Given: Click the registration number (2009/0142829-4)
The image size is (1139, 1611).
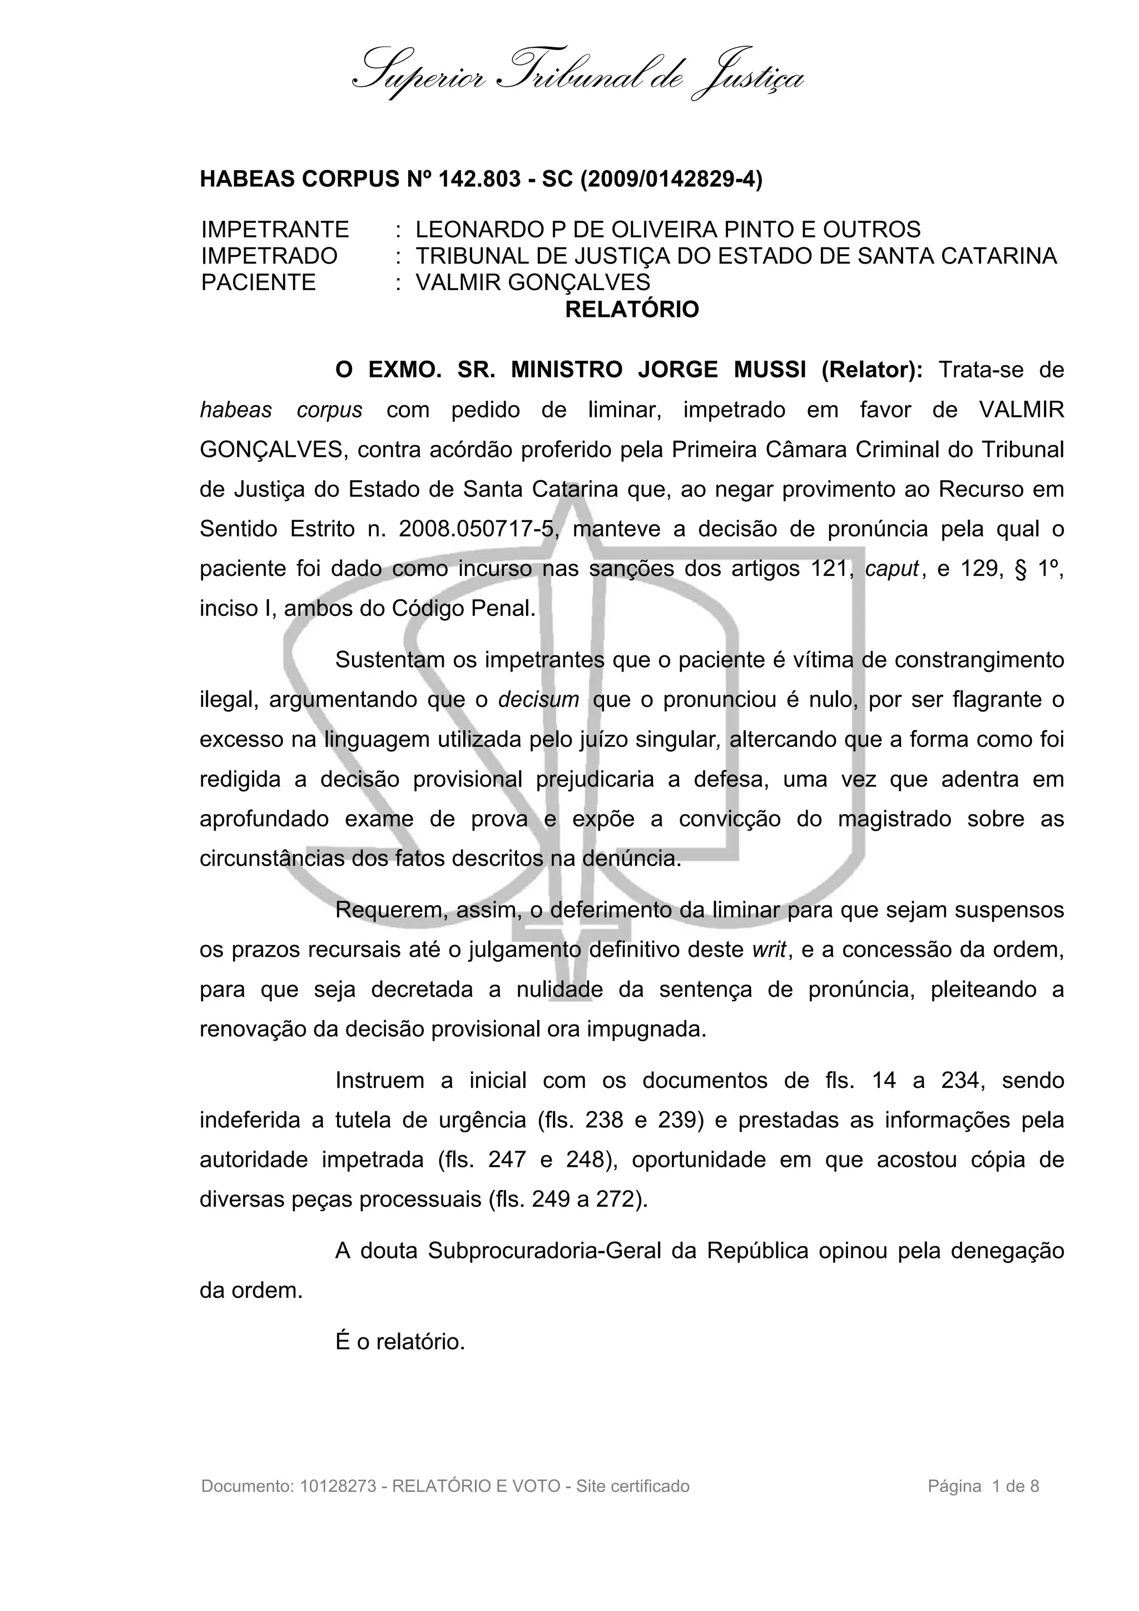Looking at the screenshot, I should (x=671, y=180).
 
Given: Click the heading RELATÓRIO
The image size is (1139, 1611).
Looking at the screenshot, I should (x=632, y=310).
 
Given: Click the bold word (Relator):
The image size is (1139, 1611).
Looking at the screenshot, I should (x=872, y=370).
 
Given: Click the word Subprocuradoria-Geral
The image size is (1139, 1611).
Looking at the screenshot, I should (x=544, y=1251).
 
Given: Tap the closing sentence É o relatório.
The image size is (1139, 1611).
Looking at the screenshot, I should (x=400, y=1342).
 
